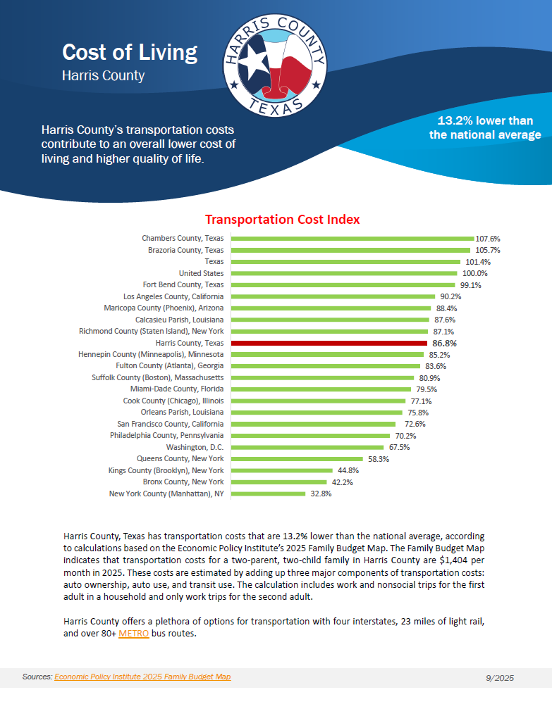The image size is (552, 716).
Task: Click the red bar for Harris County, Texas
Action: [328, 343]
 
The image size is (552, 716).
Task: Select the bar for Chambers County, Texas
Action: [352, 239]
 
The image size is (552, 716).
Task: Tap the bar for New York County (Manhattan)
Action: [268, 494]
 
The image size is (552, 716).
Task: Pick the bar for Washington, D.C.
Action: [307, 447]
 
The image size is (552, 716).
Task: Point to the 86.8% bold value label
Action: [444, 343]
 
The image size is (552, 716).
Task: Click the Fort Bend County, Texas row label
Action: [183, 284]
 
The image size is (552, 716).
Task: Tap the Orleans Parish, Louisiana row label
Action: [182, 412]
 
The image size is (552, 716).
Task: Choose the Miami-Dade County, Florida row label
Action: [177, 389]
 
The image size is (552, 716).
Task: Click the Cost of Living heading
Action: [130, 53]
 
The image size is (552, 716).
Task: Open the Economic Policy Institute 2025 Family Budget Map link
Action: [142, 677]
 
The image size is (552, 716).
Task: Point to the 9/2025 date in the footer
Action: [500, 678]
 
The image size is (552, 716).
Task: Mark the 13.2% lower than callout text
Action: [485, 120]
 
